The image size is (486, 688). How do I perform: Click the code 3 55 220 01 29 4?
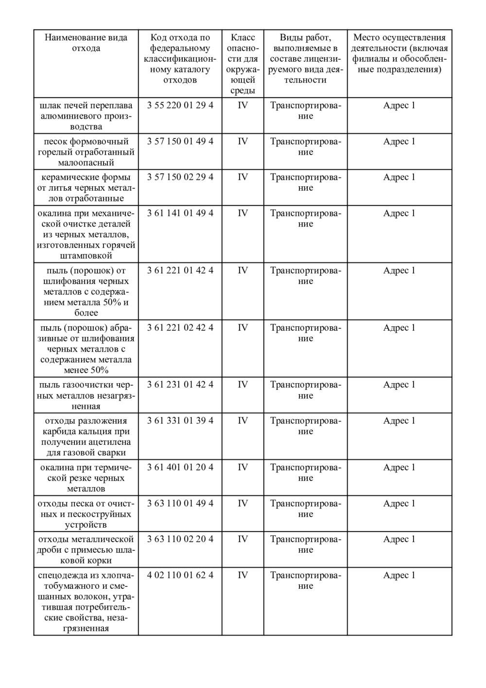point(180,105)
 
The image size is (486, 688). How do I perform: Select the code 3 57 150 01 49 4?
point(180,141)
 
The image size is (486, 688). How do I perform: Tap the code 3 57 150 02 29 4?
point(180,177)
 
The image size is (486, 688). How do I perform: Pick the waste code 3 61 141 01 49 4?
point(180,213)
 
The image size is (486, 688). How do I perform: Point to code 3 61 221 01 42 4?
point(180,270)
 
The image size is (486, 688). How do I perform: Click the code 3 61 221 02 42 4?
point(180,328)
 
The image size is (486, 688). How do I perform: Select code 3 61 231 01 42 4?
point(180,385)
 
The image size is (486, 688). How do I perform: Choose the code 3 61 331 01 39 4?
point(180,421)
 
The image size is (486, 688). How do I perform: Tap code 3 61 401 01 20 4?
point(180,467)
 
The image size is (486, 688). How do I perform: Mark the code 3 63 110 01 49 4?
point(180,503)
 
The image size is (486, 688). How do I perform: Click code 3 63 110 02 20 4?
point(180,539)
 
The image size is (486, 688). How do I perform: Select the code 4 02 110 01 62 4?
point(180,575)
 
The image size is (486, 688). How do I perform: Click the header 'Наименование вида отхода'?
point(86,43)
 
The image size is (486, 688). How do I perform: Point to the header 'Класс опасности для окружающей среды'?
point(243,64)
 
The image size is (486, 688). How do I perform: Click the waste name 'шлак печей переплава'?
point(86,106)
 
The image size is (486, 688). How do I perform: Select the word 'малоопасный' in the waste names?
point(86,162)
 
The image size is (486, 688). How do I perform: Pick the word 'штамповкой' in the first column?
point(86,256)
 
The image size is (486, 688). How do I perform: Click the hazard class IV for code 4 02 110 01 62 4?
point(243,575)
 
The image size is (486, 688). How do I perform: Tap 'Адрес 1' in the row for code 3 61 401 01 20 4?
point(399,467)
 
